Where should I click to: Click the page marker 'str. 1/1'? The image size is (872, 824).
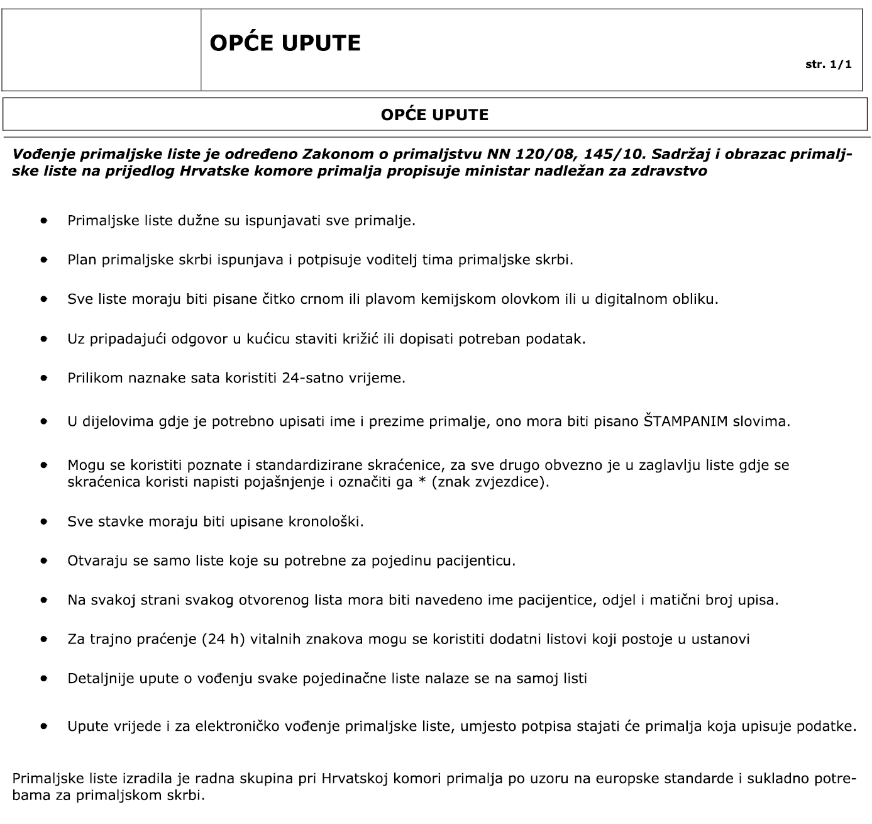(x=829, y=65)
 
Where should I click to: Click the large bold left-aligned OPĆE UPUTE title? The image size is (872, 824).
(x=285, y=43)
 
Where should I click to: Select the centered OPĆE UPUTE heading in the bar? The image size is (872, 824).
(x=435, y=114)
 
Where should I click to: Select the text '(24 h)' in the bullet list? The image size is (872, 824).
(x=223, y=639)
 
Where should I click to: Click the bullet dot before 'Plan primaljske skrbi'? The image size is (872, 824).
(x=43, y=259)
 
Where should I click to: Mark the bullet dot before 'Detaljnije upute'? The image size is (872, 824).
(x=43, y=679)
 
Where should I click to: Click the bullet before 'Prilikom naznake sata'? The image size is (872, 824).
(x=43, y=378)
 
